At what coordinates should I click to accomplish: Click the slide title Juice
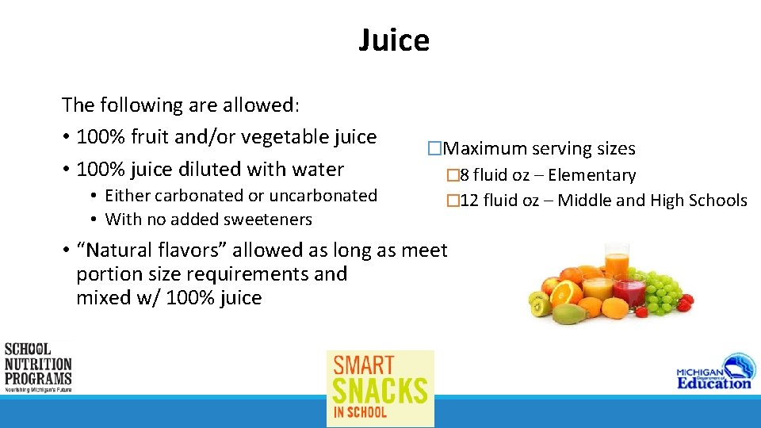click(394, 40)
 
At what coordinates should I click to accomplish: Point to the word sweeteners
click(271, 219)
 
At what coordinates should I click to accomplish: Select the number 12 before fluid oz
click(468, 201)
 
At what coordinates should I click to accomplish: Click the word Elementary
click(592, 175)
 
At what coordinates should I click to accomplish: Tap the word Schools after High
click(717, 201)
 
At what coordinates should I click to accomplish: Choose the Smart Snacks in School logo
click(380, 388)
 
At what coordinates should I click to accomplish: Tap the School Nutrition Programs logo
click(37, 367)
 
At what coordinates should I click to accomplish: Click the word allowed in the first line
click(258, 105)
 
